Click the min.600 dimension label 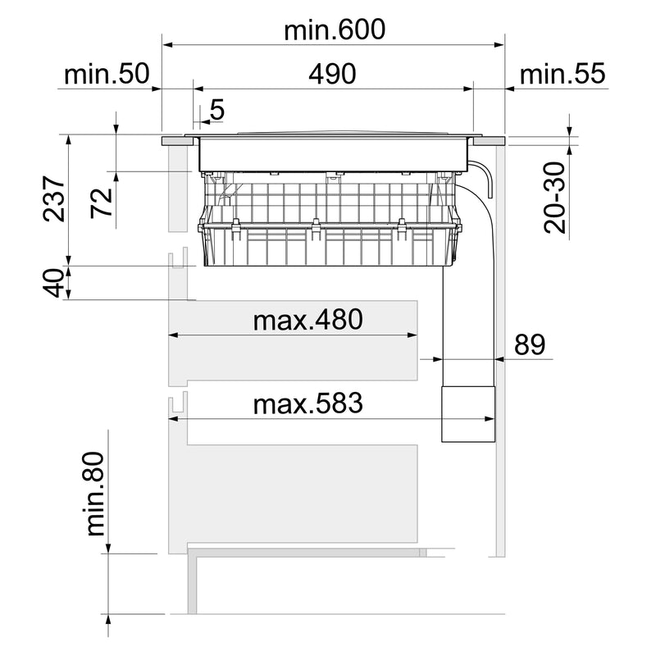coord(335,30)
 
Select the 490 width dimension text coord(332,74)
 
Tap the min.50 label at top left coord(107,74)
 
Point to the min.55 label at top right coord(563,74)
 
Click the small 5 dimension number coord(217,110)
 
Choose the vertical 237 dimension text coord(54,198)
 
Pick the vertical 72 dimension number coord(102,203)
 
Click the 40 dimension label coord(54,283)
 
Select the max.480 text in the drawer coord(308,320)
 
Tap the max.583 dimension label coord(308,403)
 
